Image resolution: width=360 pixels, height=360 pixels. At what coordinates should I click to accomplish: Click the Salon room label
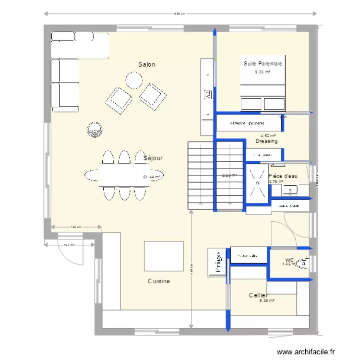pyautogui.click(x=146, y=64)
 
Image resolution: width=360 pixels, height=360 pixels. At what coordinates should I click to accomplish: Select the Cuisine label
pyautogui.click(x=158, y=281)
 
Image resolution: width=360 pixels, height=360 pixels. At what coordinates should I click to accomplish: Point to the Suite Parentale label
pyautogui.click(x=263, y=63)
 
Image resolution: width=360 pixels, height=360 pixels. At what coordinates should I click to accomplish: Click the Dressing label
pyautogui.click(x=266, y=142)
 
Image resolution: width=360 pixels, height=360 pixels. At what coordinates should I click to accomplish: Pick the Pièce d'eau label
pyautogui.click(x=283, y=176)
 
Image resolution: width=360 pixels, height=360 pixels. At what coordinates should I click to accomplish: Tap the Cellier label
pyautogui.click(x=258, y=295)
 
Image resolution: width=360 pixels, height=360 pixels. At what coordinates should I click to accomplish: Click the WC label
pyautogui.click(x=289, y=259)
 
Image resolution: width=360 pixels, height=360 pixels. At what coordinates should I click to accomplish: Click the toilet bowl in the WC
pyautogui.click(x=302, y=263)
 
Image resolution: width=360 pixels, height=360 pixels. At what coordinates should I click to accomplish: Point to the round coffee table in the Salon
pyautogui.click(x=133, y=80)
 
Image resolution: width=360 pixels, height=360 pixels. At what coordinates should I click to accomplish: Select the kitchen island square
pyautogui.click(x=164, y=256)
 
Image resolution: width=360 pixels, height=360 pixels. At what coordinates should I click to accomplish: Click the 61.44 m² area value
pyautogui.click(x=152, y=177)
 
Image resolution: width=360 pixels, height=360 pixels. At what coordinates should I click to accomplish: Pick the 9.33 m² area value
pyautogui.click(x=262, y=72)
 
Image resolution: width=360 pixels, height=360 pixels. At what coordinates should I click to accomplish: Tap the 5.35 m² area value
pyautogui.click(x=266, y=301)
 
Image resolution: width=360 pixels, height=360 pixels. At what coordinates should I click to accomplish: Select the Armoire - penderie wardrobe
pyautogui.click(x=247, y=123)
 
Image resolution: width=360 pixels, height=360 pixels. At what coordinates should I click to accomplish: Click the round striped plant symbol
pyautogui.click(x=95, y=129)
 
